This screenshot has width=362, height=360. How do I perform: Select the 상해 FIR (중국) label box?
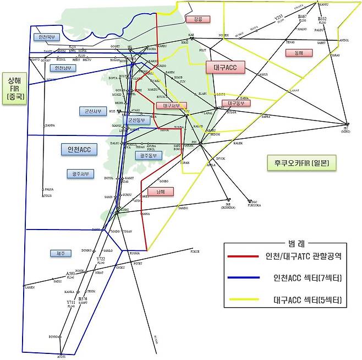tap(12, 88)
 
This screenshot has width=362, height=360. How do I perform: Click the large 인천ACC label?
tap(79, 149)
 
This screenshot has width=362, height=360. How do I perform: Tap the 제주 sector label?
tap(61, 253)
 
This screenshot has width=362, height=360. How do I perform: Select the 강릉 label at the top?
tap(198, 20)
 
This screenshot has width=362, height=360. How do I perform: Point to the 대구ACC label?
tap(226, 67)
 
